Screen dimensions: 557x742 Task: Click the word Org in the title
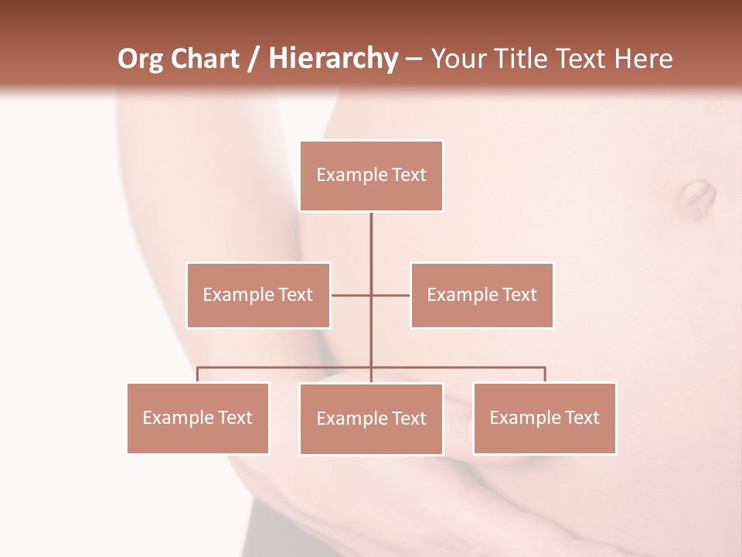[141, 60]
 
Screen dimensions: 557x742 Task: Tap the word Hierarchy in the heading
[333, 60]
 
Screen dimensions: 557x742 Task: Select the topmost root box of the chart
[371, 176]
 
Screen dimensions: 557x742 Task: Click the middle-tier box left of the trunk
[258, 296]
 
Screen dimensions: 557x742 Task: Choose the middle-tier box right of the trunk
[482, 296]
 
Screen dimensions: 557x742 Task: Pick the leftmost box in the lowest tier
[198, 419]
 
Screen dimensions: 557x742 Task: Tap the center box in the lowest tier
[371, 419]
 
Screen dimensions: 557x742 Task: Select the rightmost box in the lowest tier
[544, 419]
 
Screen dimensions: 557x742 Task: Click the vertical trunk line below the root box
[371, 248]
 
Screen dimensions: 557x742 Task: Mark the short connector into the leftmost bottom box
[198, 374]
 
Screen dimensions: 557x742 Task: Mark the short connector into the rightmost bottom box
[545, 374]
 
